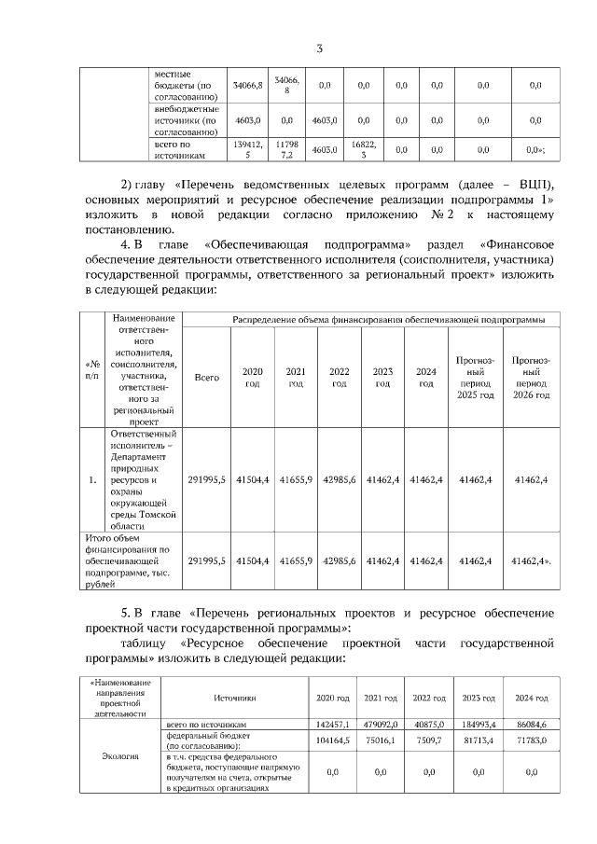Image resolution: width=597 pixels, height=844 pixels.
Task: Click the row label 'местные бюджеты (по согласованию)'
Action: pos(186,85)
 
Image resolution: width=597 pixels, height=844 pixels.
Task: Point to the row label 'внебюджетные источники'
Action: pos(186,119)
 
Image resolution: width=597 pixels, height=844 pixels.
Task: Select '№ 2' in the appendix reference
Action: pos(442,215)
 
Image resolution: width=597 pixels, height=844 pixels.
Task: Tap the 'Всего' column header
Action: pos(206,378)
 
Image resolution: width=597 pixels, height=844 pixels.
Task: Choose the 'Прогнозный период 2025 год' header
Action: pos(475,378)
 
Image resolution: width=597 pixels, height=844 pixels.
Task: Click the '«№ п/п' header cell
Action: pos(91,369)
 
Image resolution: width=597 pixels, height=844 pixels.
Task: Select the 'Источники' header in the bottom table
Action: pos(234,698)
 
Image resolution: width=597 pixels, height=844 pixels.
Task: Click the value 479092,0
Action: pos(381,724)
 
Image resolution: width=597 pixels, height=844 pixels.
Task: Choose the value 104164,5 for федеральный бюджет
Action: pos(332,740)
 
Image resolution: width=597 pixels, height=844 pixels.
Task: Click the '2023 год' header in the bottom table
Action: pos(479,698)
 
